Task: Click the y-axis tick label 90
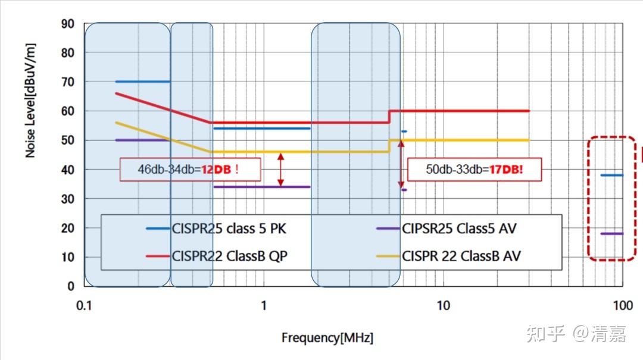(67, 24)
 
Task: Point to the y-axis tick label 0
(71, 286)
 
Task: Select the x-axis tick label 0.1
(84, 306)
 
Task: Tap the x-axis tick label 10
(443, 306)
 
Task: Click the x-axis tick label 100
(623, 306)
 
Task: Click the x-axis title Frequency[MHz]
(327, 338)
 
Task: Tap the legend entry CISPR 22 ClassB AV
(461, 256)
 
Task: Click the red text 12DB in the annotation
(216, 169)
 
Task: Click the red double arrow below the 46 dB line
(281, 170)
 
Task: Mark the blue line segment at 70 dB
(142, 82)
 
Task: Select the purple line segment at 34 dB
(262, 187)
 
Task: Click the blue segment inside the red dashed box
(611, 176)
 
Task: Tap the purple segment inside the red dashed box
(611, 234)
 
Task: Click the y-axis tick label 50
(67, 140)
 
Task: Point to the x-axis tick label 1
(264, 306)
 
